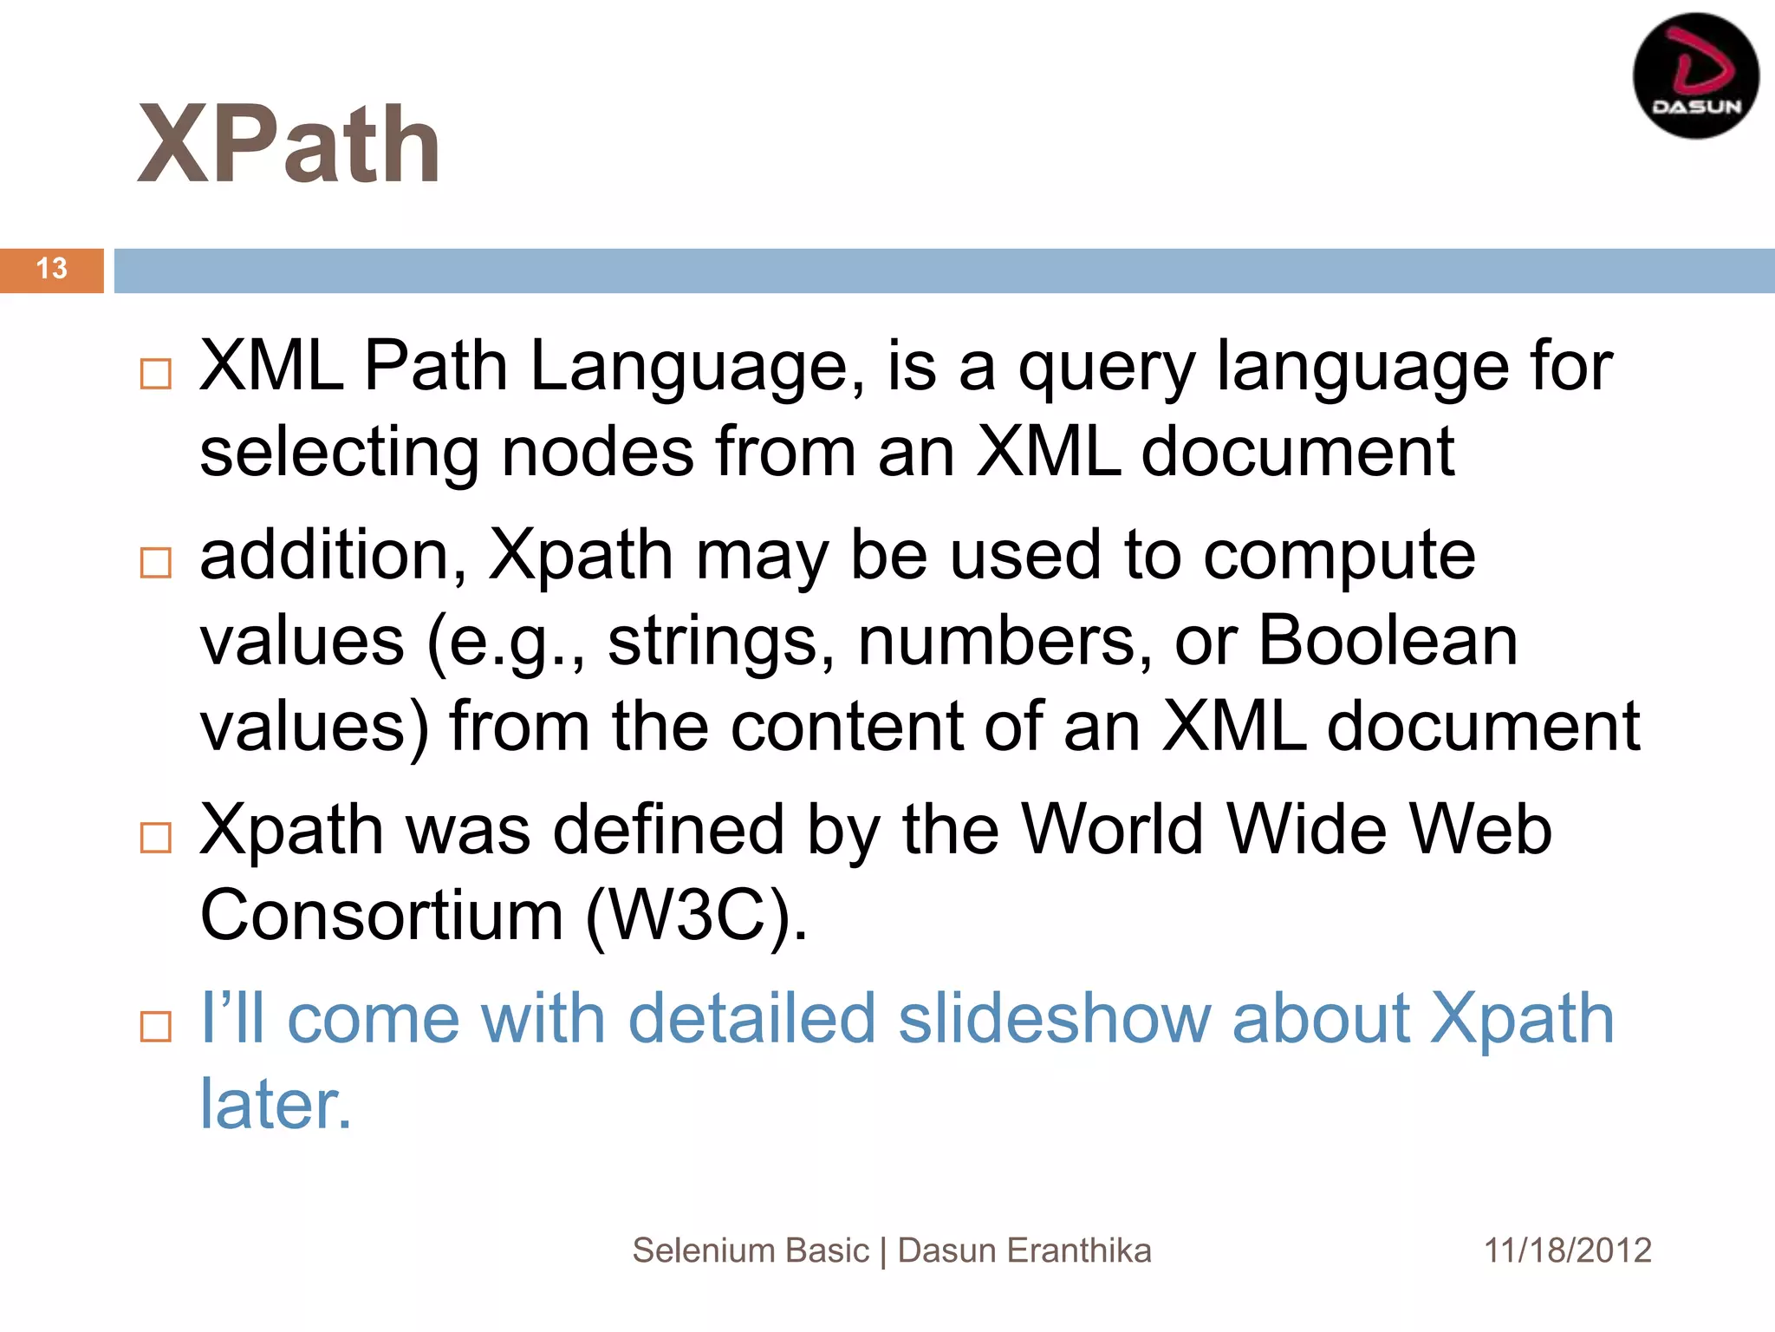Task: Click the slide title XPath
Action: click(x=289, y=144)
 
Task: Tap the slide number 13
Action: click(x=52, y=269)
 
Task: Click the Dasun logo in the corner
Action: click(x=1694, y=76)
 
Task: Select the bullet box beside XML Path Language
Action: click(x=156, y=374)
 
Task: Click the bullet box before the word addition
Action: click(x=156, y=563)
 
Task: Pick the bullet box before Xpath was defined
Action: click(x=156, y=838)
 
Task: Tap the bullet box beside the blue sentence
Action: click(x=156, y=1027)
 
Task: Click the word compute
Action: click(x=1339, y=556)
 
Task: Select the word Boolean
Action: click(x=1388, y=641)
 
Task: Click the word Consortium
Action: click(x=382, y=916)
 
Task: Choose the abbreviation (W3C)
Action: click(x=697, y=916)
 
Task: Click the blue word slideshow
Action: click(x=1053, y=1018)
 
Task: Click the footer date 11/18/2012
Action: click(x=1568, y=1250)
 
